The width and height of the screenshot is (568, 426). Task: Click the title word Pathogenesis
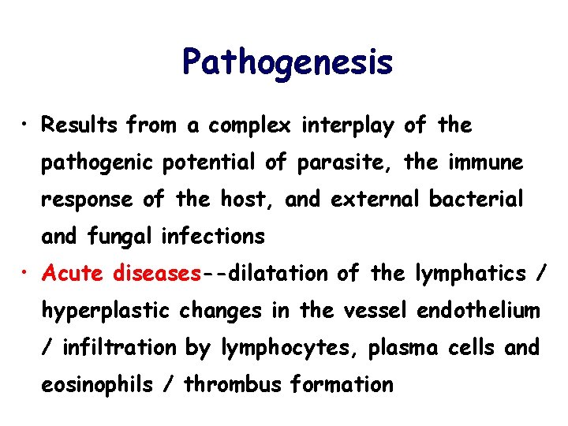286,62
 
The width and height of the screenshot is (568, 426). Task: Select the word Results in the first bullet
80,125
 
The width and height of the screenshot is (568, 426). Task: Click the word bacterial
476,200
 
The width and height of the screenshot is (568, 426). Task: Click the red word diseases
157,274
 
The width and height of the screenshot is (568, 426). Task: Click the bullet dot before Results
27,125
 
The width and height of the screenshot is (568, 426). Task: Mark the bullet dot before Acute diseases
27,273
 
